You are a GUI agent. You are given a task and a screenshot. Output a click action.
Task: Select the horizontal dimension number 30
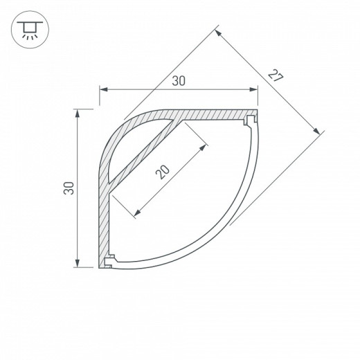click(179, 81)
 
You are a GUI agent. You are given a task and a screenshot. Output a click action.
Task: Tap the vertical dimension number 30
click(68, 188)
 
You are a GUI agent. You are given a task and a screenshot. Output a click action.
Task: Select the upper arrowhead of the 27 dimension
click(219, 33)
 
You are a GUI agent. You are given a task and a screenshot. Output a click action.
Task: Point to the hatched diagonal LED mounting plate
click(149, 156)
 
